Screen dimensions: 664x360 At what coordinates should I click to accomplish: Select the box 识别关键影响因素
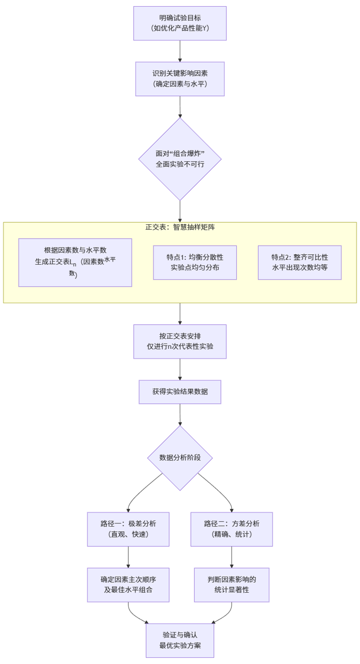click(180, 79)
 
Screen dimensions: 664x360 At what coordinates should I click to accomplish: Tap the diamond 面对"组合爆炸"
click(180, 159)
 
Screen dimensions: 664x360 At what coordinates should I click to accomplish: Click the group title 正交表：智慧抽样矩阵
click(180, 228)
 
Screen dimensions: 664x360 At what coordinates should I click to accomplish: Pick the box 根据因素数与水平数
click(75, 262)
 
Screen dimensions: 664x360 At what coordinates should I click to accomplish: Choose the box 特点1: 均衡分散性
click(195, 262)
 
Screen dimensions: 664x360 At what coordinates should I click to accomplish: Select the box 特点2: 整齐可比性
click(300, 262)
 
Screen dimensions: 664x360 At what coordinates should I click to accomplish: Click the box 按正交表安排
click(180, 341)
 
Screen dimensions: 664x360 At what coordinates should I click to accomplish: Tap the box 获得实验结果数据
click(180, 392)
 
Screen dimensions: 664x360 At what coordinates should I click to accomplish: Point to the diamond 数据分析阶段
click(180, 457)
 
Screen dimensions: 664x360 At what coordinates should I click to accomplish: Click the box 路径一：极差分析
click(128, 529)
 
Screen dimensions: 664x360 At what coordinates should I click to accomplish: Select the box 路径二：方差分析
click(231, 529)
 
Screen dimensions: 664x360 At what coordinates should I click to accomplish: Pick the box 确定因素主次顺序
click(128, 585)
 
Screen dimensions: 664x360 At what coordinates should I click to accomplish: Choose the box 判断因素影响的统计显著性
click(231, 585)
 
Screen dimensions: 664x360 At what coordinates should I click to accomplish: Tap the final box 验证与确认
click(180, 640)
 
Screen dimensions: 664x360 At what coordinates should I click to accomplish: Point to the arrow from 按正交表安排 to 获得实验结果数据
click(180, 369)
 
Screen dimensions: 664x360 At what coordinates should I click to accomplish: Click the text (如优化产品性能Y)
click(180, 29)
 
